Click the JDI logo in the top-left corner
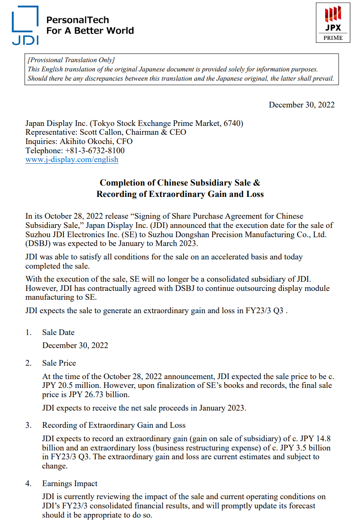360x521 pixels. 25,25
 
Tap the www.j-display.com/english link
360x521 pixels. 72,160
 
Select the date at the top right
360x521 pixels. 302,105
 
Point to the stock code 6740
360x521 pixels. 232,123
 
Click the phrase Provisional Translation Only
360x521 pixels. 71,60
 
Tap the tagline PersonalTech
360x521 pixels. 77,20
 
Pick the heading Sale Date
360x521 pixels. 58,332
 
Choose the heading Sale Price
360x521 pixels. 59,363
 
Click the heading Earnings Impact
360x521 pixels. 70,483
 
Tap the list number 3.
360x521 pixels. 28,425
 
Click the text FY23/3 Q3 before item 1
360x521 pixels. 265,311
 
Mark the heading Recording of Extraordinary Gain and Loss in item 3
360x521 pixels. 114,425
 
